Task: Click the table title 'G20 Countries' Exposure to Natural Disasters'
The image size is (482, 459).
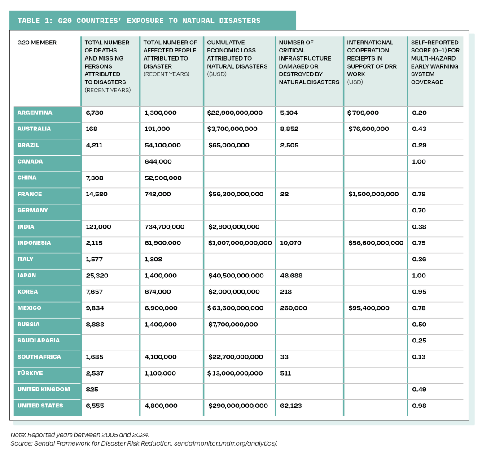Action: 139,21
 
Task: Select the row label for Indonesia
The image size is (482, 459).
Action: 34,243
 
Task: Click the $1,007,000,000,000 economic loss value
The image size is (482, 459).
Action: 239,243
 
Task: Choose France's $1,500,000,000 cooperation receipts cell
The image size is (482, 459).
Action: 373,194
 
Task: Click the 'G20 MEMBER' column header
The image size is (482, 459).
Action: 37,43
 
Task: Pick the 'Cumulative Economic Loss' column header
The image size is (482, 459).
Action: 237,58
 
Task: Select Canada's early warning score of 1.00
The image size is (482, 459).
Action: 419,161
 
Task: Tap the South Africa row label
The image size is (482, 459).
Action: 39,357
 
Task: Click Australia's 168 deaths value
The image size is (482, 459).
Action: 92,129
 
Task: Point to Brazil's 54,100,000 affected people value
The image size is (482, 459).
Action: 162,145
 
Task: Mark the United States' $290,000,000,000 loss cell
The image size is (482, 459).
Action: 238,406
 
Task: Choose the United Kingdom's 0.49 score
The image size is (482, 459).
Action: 419,389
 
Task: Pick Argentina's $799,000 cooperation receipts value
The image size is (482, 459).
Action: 363,113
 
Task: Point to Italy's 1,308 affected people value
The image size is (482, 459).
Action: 153,259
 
